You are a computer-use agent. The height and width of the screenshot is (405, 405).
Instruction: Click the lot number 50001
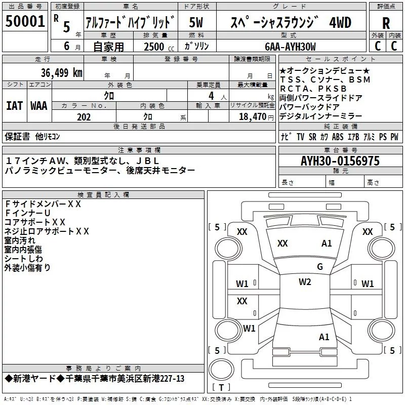pos(25,21)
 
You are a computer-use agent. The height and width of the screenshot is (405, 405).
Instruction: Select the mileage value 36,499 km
pos(61,72)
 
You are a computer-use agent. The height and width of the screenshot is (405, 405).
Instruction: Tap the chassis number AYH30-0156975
pos(340,161)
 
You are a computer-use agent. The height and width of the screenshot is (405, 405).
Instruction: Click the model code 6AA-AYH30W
pos(290,47)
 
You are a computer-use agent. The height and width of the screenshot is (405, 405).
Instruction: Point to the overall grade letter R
pos(386,23)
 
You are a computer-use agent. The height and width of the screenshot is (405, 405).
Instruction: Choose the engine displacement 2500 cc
pos(159,47)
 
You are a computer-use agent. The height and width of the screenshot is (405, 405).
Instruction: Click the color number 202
pos(84,117)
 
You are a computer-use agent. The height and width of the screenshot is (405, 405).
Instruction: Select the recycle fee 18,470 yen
pos(256,117)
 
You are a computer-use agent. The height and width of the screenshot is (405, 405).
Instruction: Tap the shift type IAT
pos(15,106)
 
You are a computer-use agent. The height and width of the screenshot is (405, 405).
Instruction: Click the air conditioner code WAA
pos(39,106)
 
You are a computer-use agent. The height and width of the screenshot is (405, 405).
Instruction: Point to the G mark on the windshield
pos(320,266)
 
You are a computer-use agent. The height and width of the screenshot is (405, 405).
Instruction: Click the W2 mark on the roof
pos(305,282)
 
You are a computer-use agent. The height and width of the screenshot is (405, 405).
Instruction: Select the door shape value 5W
pos(196,22)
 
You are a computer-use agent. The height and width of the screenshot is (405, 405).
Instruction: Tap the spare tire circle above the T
pos(221,369)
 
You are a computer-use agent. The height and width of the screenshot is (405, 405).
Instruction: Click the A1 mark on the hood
pos(327,244)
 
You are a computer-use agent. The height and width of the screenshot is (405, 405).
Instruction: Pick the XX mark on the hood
pos(282,244)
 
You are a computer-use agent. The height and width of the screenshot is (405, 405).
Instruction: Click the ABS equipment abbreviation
pos(338,137)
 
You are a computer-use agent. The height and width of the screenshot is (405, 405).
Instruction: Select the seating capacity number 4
pos(211,96)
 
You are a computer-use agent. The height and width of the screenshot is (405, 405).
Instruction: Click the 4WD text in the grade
pos(340,22)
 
